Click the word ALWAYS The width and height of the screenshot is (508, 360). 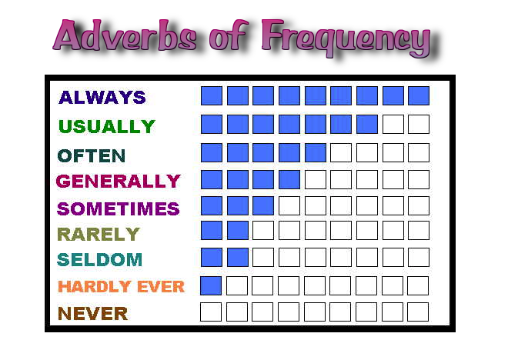pyautogui.click(x=102, y=98)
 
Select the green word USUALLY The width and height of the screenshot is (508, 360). pyautogui.click(x=107, y=126)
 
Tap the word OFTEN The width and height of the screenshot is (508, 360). pyautogui.click(x=92, y=155)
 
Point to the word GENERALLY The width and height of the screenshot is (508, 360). pyautogui.click(x=119, y=182)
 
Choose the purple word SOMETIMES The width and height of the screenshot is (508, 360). pyautogui.click(x=119, y=208)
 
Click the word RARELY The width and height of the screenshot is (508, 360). pyautogui.click(x=99, y=234)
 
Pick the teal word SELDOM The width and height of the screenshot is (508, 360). pyautogui.click(x=100, y=259)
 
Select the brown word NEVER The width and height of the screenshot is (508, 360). pyautogui.click(x=92, y=313)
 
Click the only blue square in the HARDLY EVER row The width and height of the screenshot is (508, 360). pyautogui.click(x=211, y=286)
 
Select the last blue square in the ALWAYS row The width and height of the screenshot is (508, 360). pyautogui.click(x=419, y=95)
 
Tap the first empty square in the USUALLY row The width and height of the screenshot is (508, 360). pyautogui.click(x=393, y=124)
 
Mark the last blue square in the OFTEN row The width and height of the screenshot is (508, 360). pyautogui.click(x=316, y=152)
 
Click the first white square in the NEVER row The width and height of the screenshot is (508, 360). pyautogui.click(x=211, y=312)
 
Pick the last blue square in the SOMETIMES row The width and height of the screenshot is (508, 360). pyautogui.click(x=263, y=205)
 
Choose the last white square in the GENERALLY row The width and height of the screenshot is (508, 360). pyautogui.click(x=419, y=180)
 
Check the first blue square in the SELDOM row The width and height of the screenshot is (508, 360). pyautogui.click(x=211, y=257)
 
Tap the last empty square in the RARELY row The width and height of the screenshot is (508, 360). pyautogui.click(x=419, y=231)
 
